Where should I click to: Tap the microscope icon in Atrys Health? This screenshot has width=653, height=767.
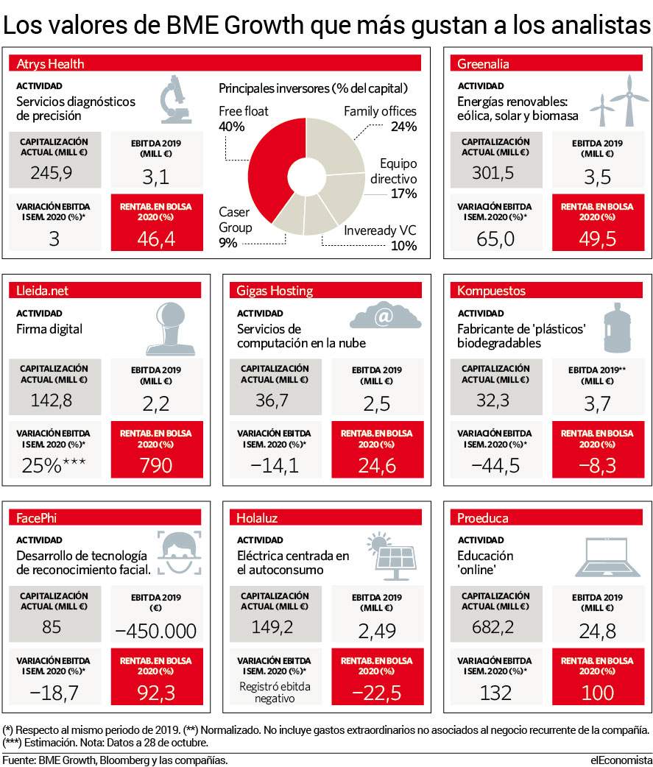click(176, 99)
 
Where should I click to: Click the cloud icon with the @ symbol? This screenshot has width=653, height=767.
click(385, 315)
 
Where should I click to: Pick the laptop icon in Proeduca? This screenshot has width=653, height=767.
click(607, 557)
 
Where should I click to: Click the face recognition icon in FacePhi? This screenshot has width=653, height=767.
click(179, 552)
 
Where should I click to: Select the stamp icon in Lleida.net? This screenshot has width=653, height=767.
click(171, 329)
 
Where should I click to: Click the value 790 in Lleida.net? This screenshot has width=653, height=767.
click(156, 465)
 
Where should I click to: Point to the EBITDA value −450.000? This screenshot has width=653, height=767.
click(156, 631)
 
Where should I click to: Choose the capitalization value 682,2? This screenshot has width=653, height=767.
click(493, 626)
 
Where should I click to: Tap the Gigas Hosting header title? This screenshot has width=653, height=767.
click(275, 291)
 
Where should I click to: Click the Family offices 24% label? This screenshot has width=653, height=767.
click(380, 119)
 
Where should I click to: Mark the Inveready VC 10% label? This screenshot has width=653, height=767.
click(380, 238)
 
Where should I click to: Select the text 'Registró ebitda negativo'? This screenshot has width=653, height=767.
click(275, 692)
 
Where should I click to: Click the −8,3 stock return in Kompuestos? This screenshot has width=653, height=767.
click(597, 465)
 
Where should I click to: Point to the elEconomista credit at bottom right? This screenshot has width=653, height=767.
click(621, 760)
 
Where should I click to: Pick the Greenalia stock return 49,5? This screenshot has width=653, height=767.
click(597, 238)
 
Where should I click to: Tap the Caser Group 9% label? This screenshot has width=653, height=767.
click(236, 227)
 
